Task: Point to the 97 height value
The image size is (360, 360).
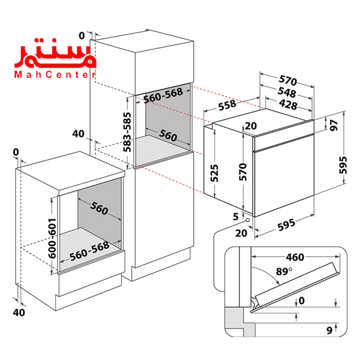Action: click(x=334, y=125)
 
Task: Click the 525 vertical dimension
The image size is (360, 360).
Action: click(x=224, y=173)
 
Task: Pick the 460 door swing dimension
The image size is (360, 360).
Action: click(x=295, y=257)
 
